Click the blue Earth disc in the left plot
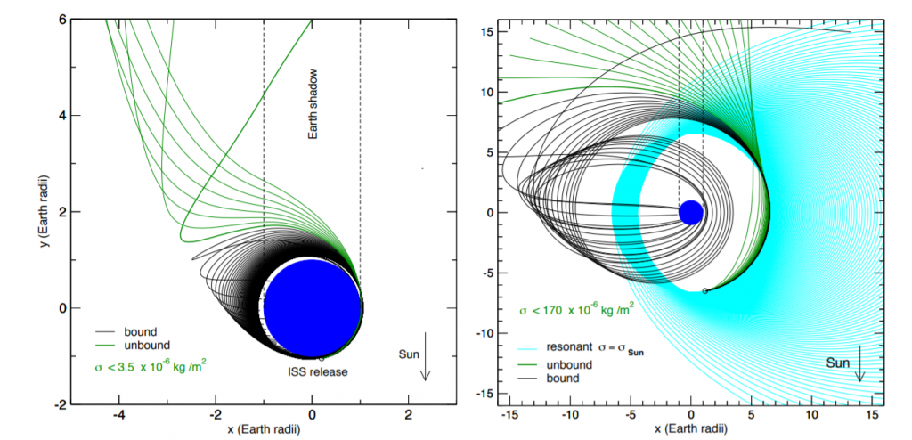pyautogui.click(x=313, y=306)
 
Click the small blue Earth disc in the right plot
pyautogui.click(x=691, y=213)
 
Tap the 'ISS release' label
pyautogui.click(x=317, y=371)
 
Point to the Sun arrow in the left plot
pyautogui.click(x=425, y=356)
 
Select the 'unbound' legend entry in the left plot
pyautogui.click(x=134, y=345)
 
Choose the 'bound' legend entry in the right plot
pyautogui.click(x=549, y=379)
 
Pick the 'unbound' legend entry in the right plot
pyautogui.click(x=556, y=365)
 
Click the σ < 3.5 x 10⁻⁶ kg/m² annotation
pyautogui.click(x=151, y=368)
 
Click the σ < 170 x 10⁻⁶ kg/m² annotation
pyautogui.click(x=576, y=310)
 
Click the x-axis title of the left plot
pyautogui.click(x=264, y=431)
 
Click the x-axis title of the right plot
pyautogui.click(x=691, y=430)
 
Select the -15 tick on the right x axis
pyautogui.click(x=509, y=416)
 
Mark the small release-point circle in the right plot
pyautogui.click(x=705, y=290)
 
